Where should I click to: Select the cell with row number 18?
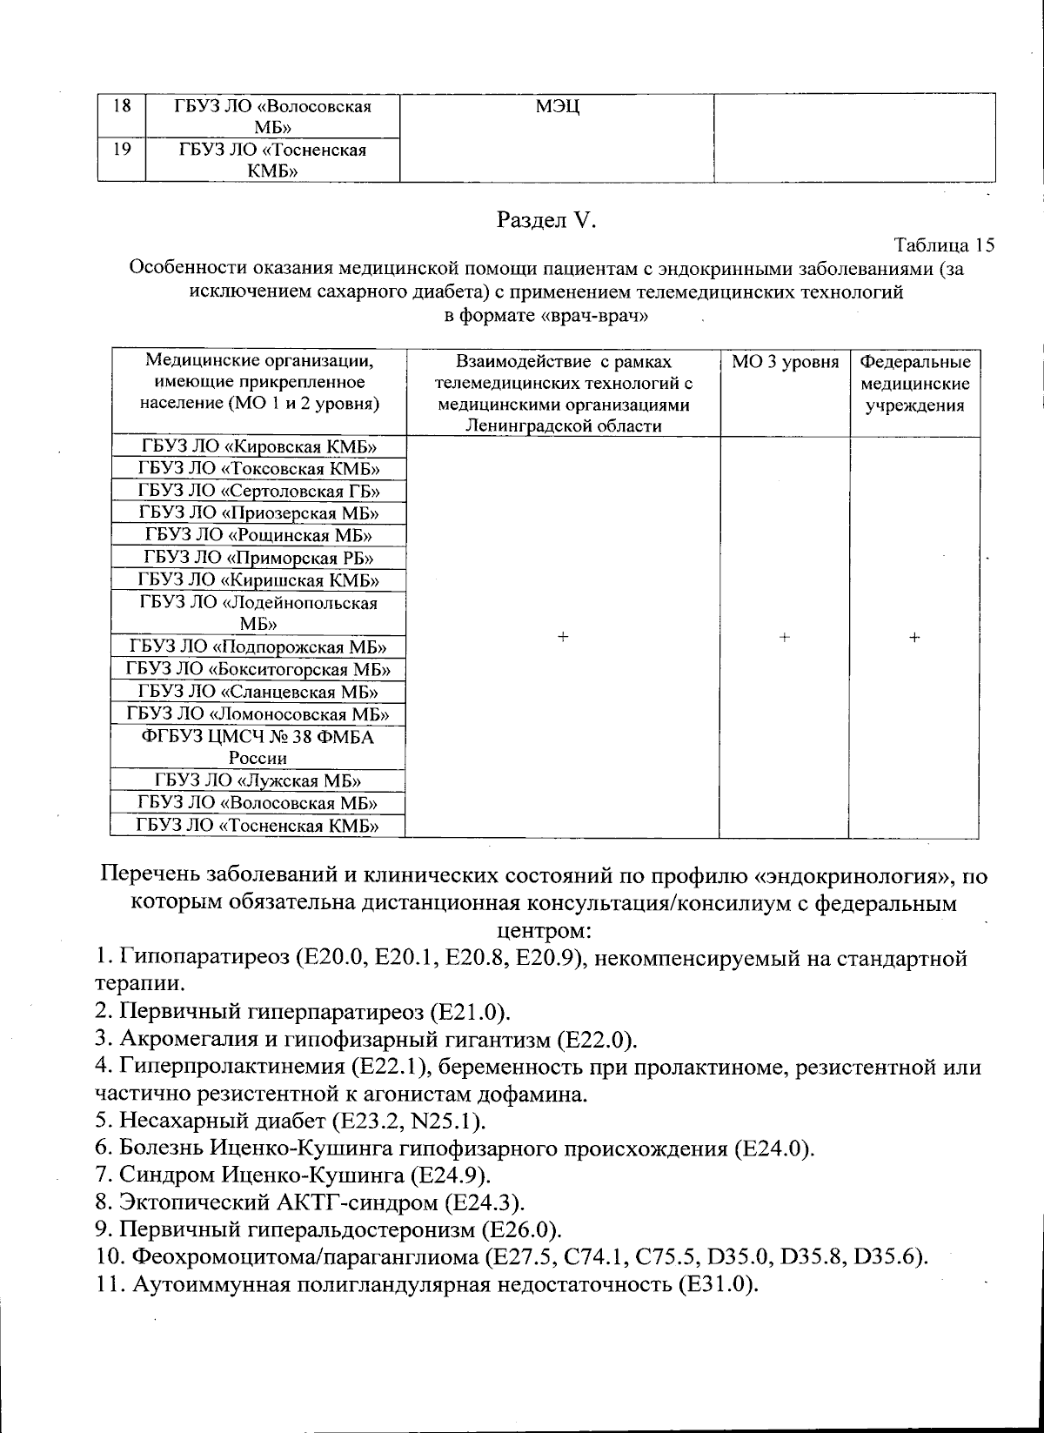tap(122, 107)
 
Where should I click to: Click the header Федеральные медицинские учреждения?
tap(914, 384)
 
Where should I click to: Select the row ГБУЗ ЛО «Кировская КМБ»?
tap(258, 447)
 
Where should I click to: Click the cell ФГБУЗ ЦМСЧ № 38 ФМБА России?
tap(258, 747)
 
